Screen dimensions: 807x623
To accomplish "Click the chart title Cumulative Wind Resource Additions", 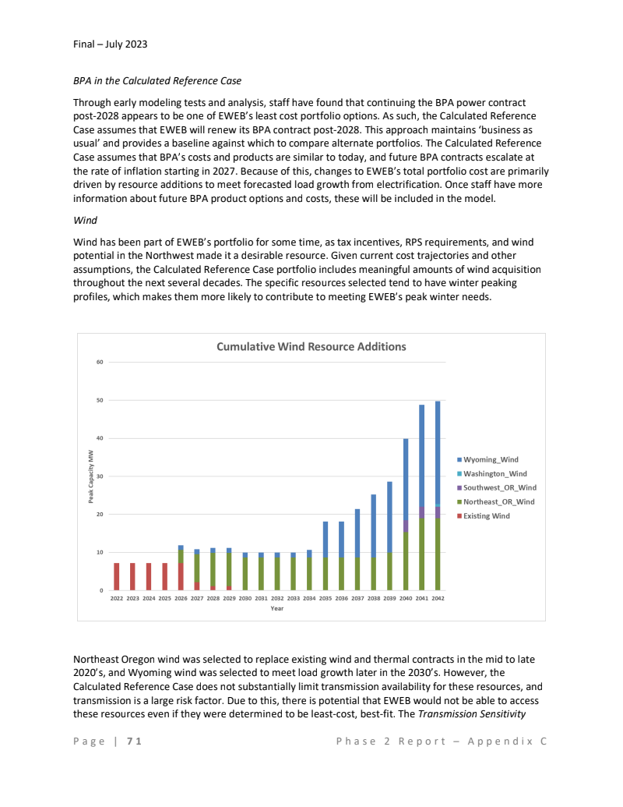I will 311,346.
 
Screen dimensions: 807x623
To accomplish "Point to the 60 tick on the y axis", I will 100,362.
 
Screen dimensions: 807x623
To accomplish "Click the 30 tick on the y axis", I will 100,476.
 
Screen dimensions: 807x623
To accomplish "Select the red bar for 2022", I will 117,576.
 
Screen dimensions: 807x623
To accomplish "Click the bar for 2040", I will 406,515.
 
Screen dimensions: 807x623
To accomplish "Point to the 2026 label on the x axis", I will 181,598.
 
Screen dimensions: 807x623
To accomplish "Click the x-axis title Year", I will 276,608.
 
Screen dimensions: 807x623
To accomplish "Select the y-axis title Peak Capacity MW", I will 90,476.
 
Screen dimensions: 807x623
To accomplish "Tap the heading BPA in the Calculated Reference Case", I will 157,80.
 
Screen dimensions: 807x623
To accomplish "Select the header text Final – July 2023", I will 110,44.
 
